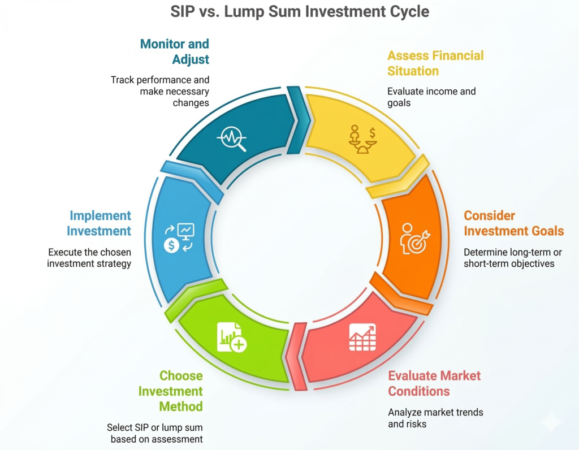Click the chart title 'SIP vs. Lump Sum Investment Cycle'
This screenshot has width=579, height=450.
click(289, 12)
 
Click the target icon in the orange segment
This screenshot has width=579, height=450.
click(415, 238)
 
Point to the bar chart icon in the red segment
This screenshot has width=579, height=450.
click(362, 337)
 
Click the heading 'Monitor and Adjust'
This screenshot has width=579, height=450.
click(174, 51)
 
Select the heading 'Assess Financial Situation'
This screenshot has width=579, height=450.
click(435, 63)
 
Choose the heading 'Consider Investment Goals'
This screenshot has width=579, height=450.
click(513, 223)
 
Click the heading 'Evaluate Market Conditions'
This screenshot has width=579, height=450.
click(434, 383)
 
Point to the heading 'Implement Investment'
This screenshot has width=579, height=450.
click(100, 223)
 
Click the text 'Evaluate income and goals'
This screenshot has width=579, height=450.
click(431, 97)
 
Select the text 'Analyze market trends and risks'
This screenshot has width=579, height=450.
click(435, 418)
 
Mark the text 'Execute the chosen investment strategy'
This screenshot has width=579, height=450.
click(89, 258)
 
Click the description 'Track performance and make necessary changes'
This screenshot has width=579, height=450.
click(160, 91)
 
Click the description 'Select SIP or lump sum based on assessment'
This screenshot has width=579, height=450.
click(155, 433)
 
